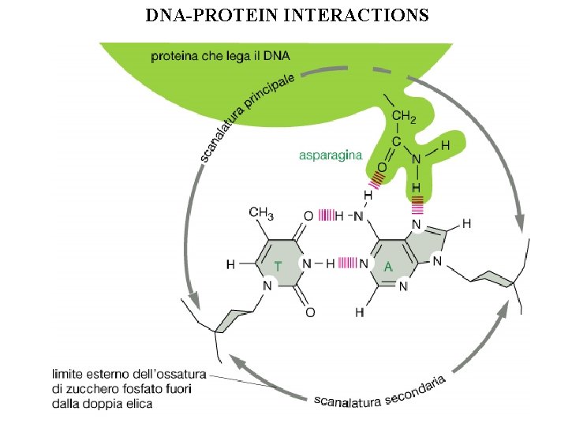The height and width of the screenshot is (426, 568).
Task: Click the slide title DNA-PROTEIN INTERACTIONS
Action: click(287, 15)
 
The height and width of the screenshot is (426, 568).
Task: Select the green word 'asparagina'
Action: click(330, 155)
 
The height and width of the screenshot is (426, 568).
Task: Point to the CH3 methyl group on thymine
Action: click(261, 212)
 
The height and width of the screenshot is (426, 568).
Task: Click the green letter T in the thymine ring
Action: click(278, 265)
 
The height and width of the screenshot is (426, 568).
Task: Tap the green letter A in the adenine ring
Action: click(387, 267)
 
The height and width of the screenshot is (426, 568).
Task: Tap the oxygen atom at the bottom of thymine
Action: click(310, 312)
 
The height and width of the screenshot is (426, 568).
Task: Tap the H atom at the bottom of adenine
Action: click(360, 313)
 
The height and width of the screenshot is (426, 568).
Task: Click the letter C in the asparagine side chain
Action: click(396, 141)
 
